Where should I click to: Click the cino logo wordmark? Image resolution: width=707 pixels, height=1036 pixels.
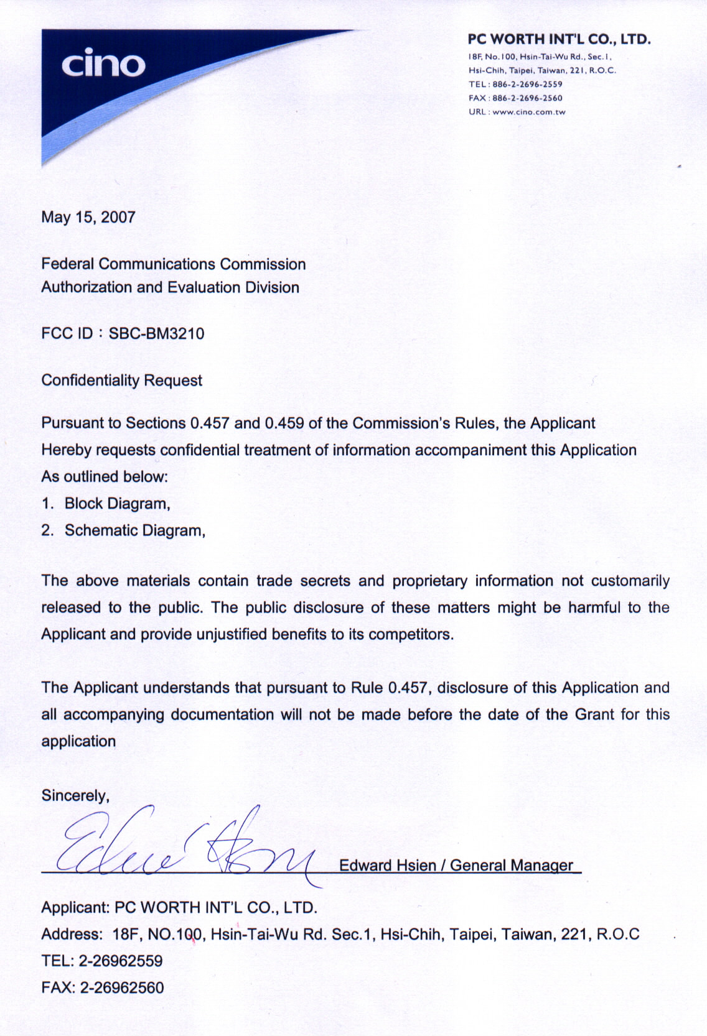pos(103,64)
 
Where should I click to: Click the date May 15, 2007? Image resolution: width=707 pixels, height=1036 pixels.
pos(88,217)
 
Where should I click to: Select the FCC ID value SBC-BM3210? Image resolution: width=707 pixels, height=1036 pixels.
pos(156,334)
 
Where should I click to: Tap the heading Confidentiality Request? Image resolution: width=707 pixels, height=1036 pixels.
pos(122,381)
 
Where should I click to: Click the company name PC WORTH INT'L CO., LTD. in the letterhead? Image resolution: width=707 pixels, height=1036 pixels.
pos(559,39)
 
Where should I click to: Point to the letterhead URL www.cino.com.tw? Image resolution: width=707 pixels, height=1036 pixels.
pos(528,113)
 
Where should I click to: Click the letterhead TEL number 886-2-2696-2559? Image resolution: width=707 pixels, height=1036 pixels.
pos(527,85)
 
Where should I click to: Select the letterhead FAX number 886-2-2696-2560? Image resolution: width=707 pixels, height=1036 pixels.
pos(527,98)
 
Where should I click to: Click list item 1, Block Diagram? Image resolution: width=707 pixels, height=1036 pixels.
pos(117,504)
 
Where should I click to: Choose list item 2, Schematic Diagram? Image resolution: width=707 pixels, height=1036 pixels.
pos(134,530)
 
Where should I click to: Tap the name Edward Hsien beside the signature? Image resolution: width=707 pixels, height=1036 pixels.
pos(388,866)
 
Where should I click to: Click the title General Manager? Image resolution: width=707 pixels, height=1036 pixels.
pos(511,866)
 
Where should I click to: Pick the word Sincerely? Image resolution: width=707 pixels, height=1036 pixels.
pos(75,796)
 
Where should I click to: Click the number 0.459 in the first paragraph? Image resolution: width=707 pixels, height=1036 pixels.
pos(284,423)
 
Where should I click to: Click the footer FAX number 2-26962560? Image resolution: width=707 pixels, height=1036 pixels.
pos(122,987)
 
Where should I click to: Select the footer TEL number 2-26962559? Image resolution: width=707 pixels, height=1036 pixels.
pos(121,961)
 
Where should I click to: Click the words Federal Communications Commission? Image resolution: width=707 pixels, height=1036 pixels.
pos(174,264)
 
